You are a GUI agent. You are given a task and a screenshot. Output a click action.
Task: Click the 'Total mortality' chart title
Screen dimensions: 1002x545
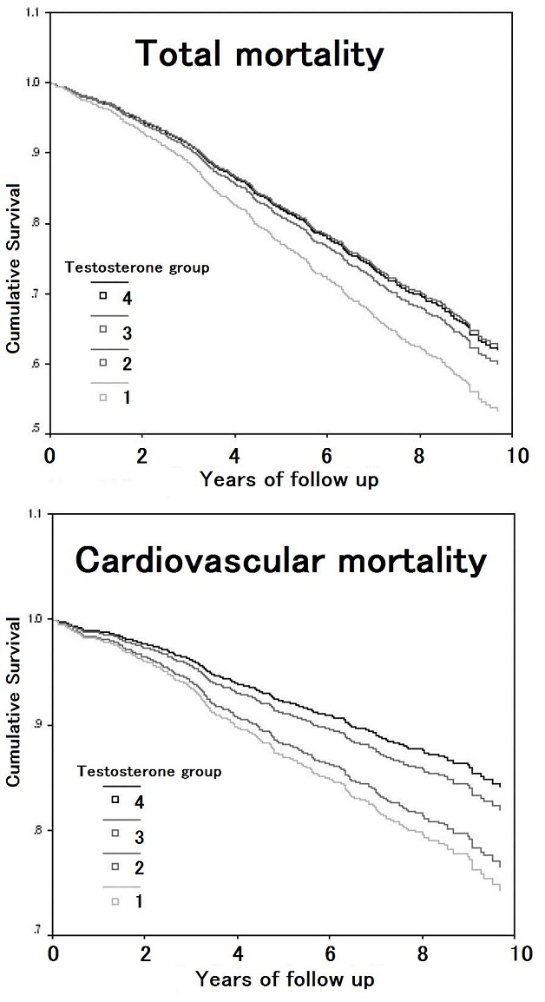pyautogui.click(x=259, y=55)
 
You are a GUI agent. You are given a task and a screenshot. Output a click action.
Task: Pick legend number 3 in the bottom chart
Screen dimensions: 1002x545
pyautogui.click(x=139, y=835)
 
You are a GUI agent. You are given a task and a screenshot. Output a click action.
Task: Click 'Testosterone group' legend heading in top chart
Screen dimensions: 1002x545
pyautogui.click(x=137, y=267)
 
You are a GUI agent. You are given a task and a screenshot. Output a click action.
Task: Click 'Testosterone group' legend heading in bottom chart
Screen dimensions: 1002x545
pyautogui.click(x=149, y=770)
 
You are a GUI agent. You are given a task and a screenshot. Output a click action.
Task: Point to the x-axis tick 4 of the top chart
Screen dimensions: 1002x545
pyautogui.click(x=234, y=454)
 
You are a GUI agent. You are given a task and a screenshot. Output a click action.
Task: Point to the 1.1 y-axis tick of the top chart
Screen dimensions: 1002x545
pyautogui.click(x=34, y=14)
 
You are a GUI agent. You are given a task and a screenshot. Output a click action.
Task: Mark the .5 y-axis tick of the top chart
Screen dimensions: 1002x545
pyautogui.click(x=36, y=429)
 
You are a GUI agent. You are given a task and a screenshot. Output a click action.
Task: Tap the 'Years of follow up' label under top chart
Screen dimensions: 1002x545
pyautogui.click(x=289, y=478)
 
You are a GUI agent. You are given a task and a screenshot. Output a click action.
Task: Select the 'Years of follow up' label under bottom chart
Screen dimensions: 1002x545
pyautogui.click(x=286, y=980)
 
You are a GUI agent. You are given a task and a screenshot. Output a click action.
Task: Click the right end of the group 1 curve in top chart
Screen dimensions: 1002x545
pyautogui.click(x=498, y=409)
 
